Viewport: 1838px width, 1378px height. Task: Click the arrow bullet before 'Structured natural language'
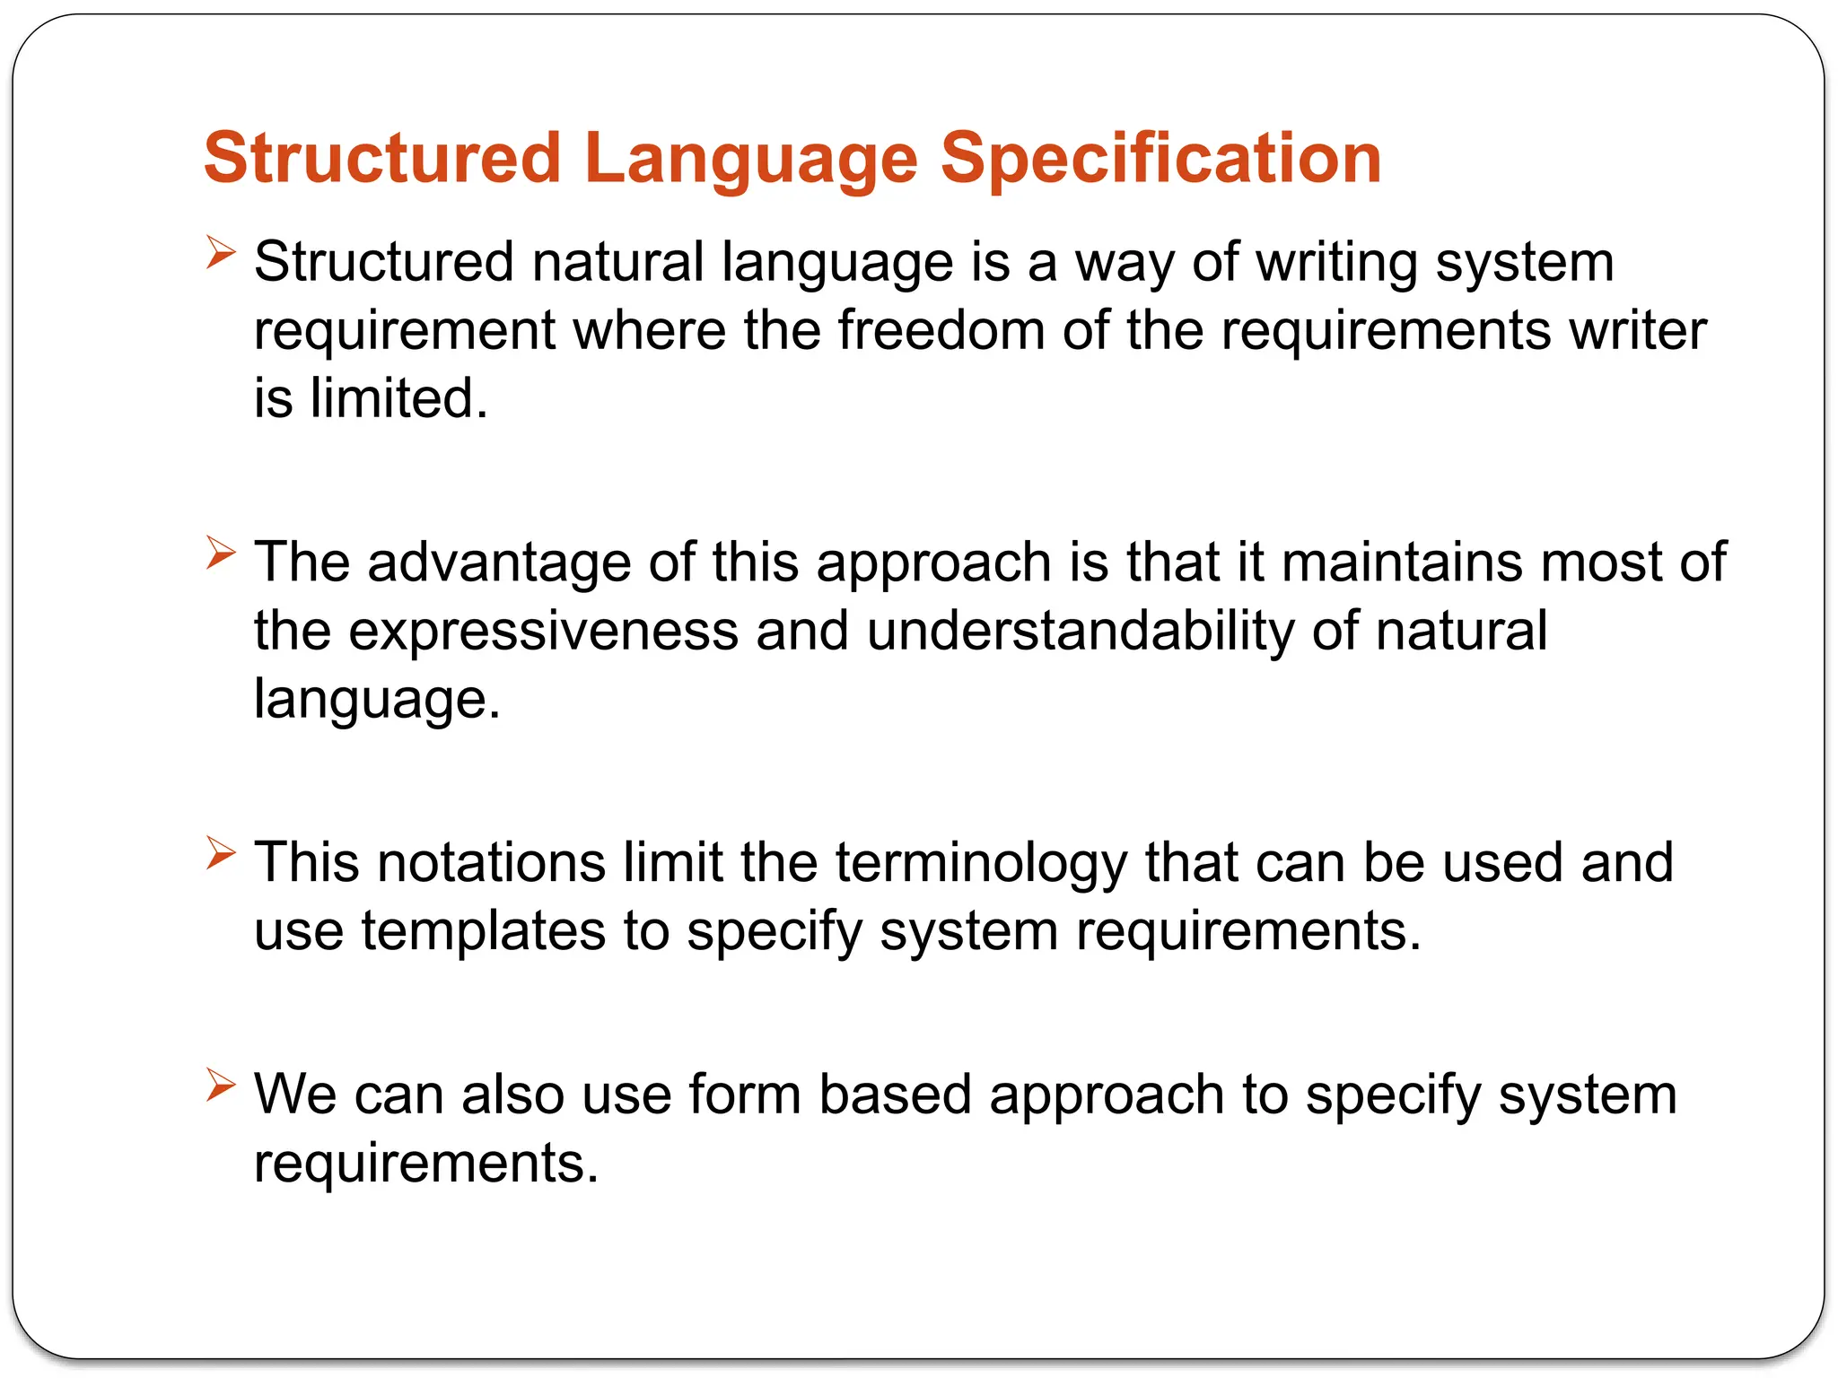point(220,252)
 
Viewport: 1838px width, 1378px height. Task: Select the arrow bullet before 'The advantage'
point(220,552)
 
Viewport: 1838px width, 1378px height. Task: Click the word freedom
point(941,329)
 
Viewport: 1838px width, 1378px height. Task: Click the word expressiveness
point(543,630)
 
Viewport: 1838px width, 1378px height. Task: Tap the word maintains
point(1402,563)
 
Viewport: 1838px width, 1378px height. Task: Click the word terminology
point(981,862)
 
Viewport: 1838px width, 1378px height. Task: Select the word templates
point(484,930)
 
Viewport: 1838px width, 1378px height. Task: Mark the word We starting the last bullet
point(295,1095)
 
